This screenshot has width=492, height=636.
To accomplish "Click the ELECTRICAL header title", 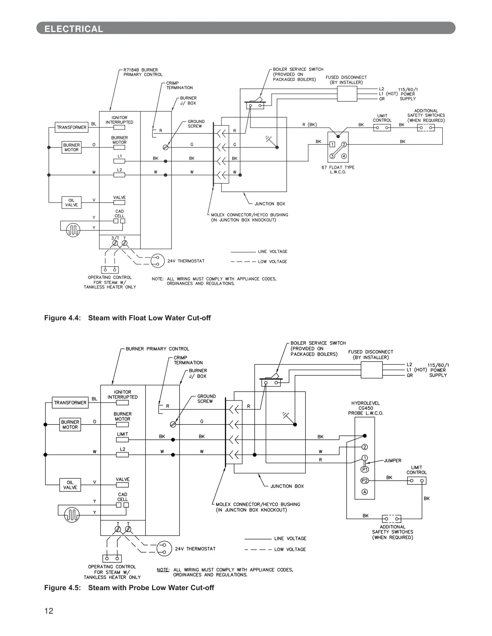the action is (x=74, y=29).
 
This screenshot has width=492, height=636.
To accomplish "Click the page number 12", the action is (x=49, y=611).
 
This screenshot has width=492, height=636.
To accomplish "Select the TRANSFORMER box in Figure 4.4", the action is (x=71, y=127).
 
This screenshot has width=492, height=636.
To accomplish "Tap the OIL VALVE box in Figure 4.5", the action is (x=70, y=485).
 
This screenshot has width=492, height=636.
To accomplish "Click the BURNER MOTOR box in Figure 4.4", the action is (x=71, y=147).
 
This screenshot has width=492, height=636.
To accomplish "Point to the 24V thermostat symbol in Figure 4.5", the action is (x=164, y=549).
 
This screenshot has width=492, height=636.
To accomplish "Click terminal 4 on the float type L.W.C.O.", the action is (x=344, y=156).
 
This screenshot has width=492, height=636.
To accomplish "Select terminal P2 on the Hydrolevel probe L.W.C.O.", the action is (x=365, y=481).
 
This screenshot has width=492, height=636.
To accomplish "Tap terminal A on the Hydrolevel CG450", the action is (x=365, y=492).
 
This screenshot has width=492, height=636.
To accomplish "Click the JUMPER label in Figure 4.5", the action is (x=393, y=460).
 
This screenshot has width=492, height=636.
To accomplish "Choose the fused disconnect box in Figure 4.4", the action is (x=347, y=94).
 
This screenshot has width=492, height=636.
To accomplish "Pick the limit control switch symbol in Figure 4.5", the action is (x=416, y=481).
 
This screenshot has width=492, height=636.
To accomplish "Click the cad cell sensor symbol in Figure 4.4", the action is (x=73, y=230).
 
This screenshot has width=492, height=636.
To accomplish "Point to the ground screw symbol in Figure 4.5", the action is (x=173, y=424).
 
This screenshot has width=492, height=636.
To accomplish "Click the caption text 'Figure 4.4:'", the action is (x=63, y=318).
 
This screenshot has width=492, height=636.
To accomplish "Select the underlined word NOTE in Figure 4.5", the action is (x=163, y=570).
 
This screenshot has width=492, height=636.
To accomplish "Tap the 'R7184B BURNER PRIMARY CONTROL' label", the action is (x=143, y=72).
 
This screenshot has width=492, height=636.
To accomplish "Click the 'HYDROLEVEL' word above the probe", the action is (x=365, y=403).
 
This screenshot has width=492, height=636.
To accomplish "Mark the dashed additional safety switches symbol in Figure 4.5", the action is (x=392, y=519).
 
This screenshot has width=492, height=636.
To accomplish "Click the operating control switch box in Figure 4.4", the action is (x=110, y=269).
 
